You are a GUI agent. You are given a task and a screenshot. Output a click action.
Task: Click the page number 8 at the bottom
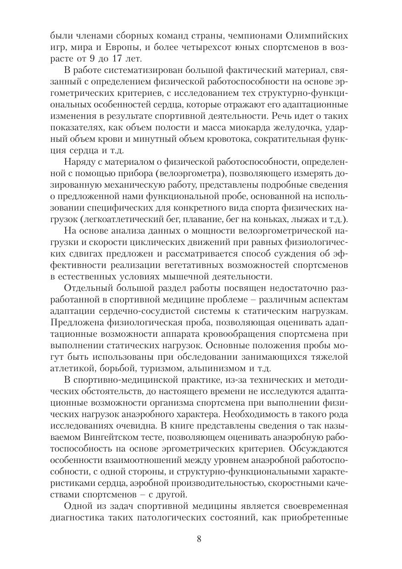pyautogui.click(x=199, y=539)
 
